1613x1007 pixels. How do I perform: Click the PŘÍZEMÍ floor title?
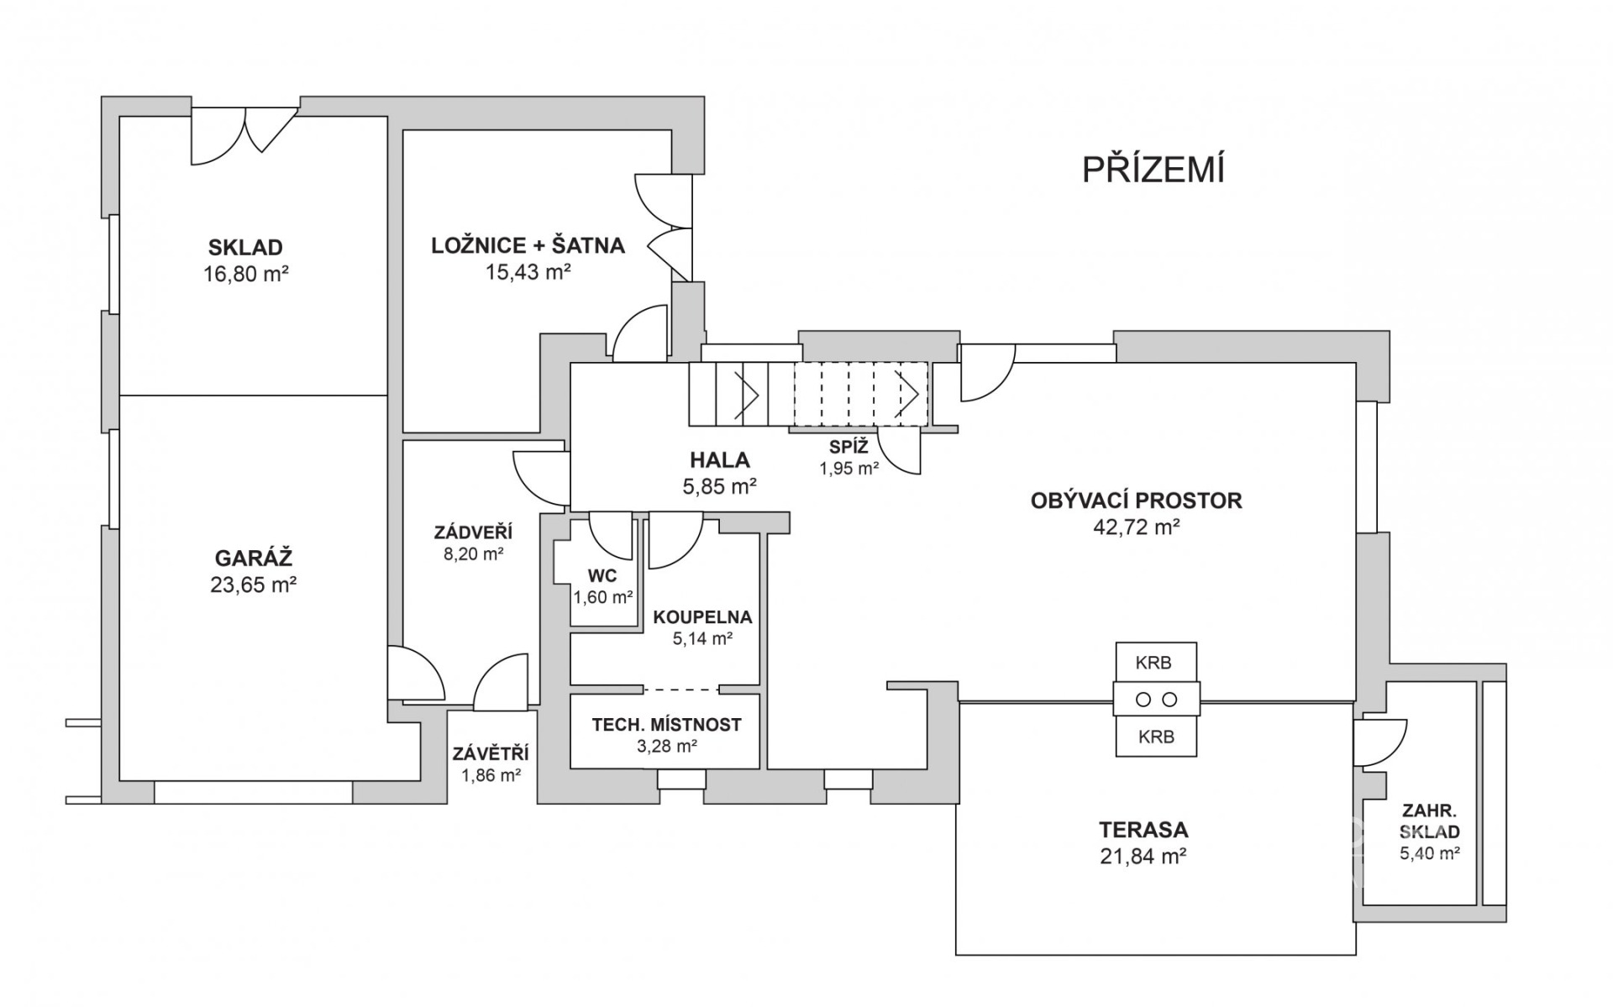[1153, 170]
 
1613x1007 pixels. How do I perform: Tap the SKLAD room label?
[245, 248]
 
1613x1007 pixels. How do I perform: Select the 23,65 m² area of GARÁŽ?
[253, 585]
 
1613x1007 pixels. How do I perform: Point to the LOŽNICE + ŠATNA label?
[528, 246]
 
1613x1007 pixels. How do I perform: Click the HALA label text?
[719, 460]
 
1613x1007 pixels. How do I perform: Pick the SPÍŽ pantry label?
[849, 447]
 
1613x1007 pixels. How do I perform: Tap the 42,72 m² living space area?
[1136, 527]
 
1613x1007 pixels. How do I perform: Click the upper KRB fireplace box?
[1153, 663]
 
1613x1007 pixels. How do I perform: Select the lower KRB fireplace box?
[1155, 737]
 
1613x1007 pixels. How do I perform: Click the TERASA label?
[1143, 830]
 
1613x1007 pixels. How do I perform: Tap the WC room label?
[602, 576]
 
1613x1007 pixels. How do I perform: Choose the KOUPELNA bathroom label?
[702, 617]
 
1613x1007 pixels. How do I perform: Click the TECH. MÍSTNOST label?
[666, 724]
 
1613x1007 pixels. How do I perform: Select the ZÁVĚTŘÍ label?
[491, 754]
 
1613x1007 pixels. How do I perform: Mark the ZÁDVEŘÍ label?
[473, 532]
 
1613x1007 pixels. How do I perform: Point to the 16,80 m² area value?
[245, 274]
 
